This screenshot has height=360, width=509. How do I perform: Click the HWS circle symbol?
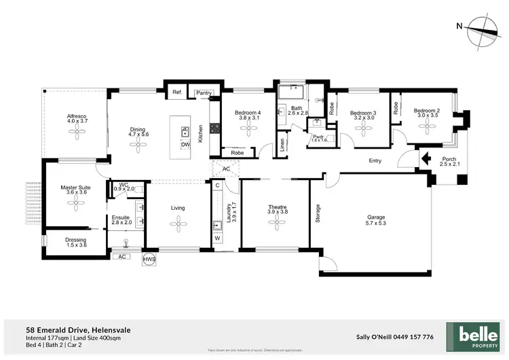click(x=148, y=259)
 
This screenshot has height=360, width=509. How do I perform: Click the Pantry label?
click(x=203, y=93)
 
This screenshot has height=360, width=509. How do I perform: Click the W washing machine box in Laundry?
click(x=217, y=238)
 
